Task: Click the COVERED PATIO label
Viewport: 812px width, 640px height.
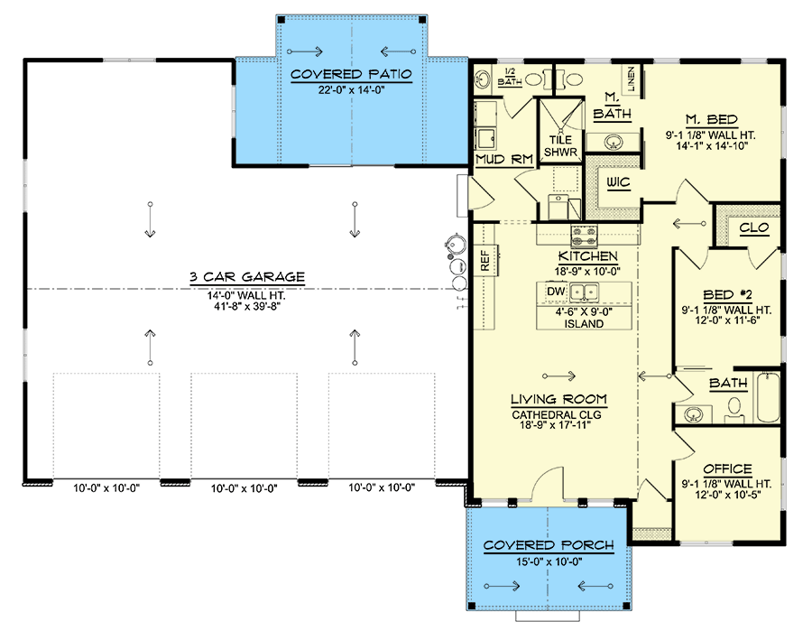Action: [x=351, y=74]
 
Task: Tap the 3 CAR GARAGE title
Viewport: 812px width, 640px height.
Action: [x=247, y=277]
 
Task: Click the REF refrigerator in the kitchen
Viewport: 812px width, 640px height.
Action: [x=485, y=260]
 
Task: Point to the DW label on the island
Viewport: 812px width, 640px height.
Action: [x=556, y=292]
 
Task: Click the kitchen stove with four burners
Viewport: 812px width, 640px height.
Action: [x=584, y=237]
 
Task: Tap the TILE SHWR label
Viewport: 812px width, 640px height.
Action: [x=560, y=146]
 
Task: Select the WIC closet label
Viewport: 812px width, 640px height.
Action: [x=618, y=182]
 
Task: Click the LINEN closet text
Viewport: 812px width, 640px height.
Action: [x=632, y=79]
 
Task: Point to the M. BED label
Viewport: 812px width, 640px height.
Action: [x=712, y=120]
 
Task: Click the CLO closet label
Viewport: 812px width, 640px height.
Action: [x=754, y=227]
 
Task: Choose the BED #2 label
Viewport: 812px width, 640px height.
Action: [x=727, y=295]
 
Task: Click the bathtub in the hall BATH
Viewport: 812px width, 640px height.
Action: [x=769, y=397]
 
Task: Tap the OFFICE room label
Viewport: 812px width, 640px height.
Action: [x=727, y=469]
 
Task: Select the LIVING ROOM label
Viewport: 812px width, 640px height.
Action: [x=558, y=399]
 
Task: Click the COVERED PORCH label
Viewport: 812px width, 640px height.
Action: [x=549, y=545]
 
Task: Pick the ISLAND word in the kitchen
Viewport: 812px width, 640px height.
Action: [x=584, y=324]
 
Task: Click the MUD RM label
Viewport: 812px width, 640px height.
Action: [x=503, y=159]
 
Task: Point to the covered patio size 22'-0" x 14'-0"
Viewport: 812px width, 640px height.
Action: [x=351, y=89]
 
